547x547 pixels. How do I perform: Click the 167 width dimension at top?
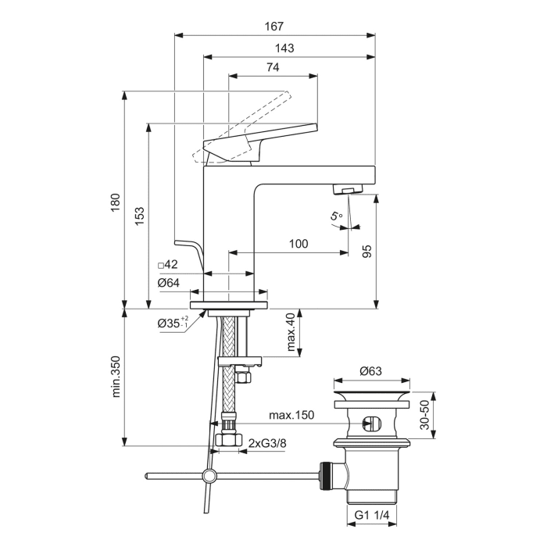(x=273, y=27)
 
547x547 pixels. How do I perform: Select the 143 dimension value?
(x=284, y=48)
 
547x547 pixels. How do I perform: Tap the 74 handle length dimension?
(x=273, y=68)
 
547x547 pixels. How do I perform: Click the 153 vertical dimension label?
(x=138, y=216)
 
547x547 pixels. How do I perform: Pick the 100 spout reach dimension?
(x=298, y=244)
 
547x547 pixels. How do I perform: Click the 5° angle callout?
(x=336, y=217)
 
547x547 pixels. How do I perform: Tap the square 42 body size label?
(x=168, y=265)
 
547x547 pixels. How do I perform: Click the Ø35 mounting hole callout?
(x=173, y=322)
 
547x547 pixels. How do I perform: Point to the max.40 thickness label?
(x=290, y=333)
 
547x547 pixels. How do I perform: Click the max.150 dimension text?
(x=291, y=415)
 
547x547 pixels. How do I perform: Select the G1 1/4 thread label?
(x=372, y=516)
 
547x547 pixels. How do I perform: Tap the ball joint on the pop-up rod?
(x=209, y=474)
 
